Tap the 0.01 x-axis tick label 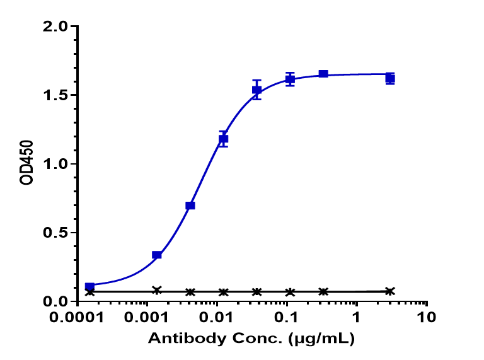point(217,317)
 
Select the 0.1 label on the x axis point(287,317)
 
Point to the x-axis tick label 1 point(357,317)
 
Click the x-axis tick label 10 point(427,317)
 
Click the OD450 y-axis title point(26,164)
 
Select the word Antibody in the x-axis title point(177,339)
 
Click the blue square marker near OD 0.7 point(190,206)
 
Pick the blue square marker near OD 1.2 point(223,139)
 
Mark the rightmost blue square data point point(390,79)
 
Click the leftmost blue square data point point(89,287)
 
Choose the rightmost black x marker point(390,291)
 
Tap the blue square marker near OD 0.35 point(157,255)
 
